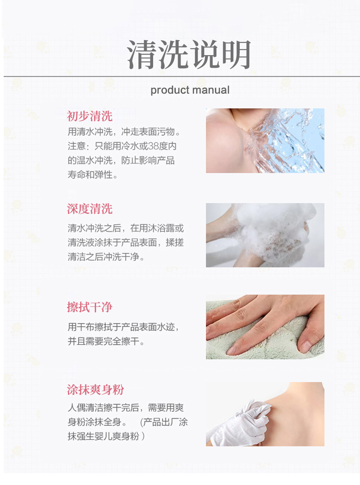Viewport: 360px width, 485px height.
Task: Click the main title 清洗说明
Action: pos(189,55)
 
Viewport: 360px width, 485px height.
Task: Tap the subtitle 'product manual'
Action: pos(190,90)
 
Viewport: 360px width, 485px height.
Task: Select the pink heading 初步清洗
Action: pos(90,116)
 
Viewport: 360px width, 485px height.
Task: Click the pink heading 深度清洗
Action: pos(90,209)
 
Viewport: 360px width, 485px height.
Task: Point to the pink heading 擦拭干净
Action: pos(90,307)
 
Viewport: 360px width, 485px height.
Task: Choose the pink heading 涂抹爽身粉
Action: pos(95,389)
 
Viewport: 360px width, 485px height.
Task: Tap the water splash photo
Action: pos(265,140)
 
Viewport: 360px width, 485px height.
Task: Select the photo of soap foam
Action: pos(265,235)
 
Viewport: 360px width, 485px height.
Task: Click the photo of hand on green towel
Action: pos(265,327)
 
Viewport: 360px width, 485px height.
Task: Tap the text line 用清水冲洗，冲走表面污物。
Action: pos(124,132)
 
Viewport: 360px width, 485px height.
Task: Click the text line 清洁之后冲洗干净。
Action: pos(106,257)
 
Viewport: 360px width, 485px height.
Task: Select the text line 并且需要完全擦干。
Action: pos(106,341)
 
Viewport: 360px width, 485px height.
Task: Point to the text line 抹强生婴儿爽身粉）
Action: pos(106,436)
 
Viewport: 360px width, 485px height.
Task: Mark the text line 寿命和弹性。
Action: pos(93,175)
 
